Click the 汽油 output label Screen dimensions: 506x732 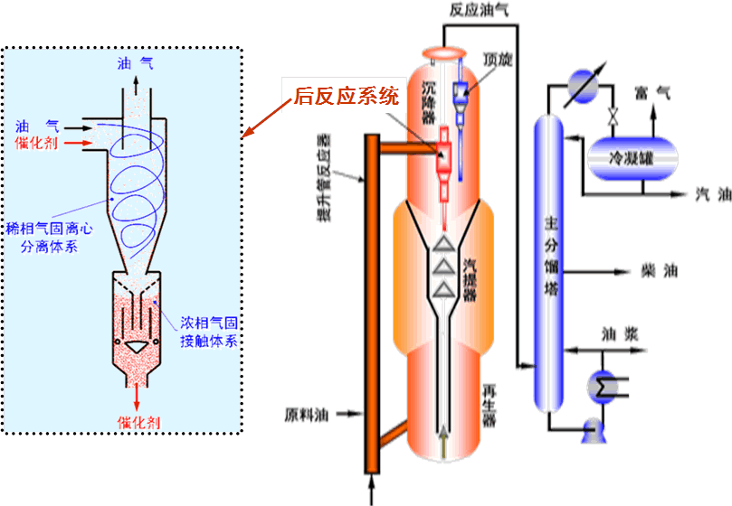coord(712,194)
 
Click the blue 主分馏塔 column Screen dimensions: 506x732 coord(549,262)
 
